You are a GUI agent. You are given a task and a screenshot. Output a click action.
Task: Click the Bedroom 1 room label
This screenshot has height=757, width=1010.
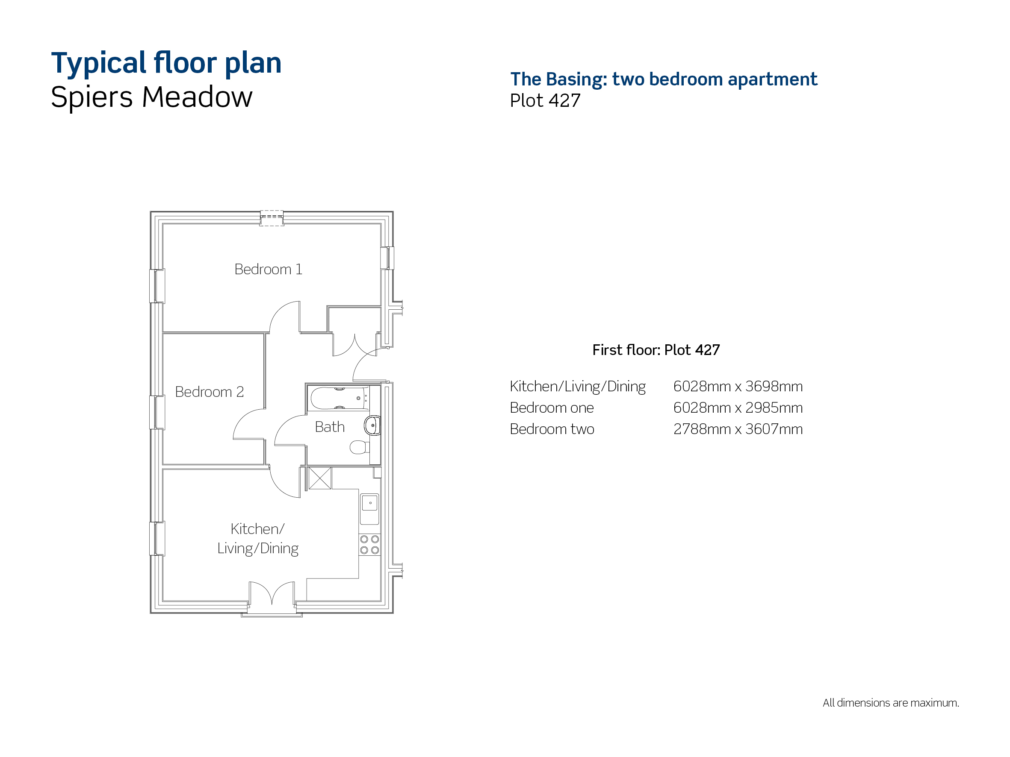[268, 269]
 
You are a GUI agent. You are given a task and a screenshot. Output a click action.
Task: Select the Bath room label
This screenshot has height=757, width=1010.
[330, 427]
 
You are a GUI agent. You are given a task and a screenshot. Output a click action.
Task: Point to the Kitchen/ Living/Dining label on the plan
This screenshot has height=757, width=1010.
[257, 539]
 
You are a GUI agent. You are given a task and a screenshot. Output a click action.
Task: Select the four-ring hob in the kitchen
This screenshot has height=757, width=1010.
[369, 544]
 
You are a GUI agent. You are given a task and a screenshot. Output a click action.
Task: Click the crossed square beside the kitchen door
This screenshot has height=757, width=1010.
[320, 478]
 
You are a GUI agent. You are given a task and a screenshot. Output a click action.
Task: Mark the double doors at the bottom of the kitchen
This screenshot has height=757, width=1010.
[272, 593]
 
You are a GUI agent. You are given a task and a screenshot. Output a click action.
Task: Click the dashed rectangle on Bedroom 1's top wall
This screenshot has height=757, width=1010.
[272, 218]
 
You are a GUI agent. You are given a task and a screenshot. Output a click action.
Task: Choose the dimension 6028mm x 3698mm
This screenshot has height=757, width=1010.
[738, 387]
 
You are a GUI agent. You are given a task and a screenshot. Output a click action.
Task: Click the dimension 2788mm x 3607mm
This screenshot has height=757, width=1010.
[738, 429]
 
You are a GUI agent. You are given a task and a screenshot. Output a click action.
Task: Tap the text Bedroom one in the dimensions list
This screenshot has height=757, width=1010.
[552, 408]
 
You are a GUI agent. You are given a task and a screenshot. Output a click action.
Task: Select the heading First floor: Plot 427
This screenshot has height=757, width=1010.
[656, 350]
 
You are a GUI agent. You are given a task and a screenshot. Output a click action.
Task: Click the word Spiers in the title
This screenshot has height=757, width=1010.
[92, 98]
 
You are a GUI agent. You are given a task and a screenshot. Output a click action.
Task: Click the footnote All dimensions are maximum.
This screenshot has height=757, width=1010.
[891, 703]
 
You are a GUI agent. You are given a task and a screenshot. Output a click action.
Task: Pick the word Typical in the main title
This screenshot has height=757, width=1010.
[99, 63]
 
